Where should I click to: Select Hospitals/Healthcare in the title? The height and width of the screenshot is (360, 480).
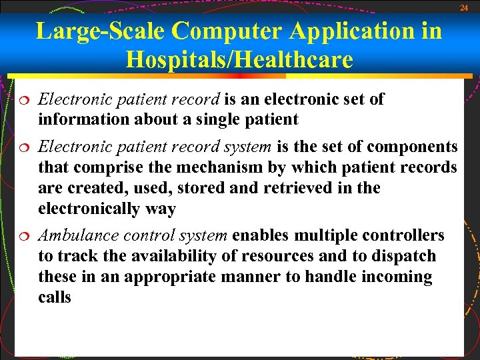(x=239, y=60)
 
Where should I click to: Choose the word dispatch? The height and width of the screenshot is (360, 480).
(x=407, y=256)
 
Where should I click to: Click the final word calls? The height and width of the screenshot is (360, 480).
(x=55, y=297)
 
